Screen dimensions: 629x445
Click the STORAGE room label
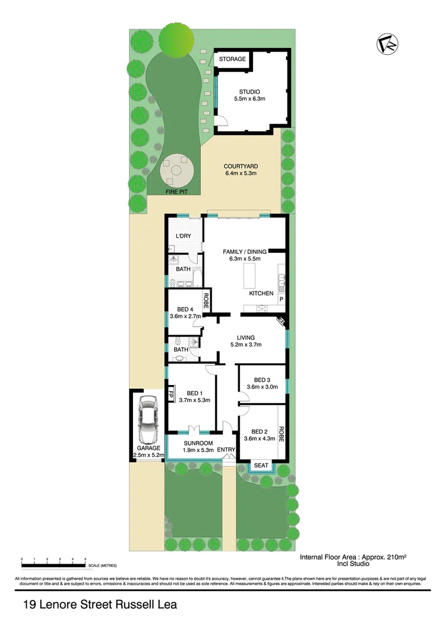[x=232, y=59]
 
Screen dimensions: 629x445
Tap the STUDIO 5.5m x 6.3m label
[x=250, y=95]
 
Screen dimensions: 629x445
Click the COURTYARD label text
[x=240, y=170]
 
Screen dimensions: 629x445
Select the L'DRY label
[x=183, y=236]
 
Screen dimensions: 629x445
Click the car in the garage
[x=146, y=417]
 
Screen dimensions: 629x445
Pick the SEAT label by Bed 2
[x=261, y=466]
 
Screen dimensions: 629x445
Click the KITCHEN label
[x=261, y=293]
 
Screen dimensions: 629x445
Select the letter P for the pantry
[x=282, y=300]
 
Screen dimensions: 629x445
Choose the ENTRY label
[x=226, y=450]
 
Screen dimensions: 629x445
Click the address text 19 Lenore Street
[x=100, y=605]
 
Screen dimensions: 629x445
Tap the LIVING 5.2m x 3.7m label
[x=245, y=341]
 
